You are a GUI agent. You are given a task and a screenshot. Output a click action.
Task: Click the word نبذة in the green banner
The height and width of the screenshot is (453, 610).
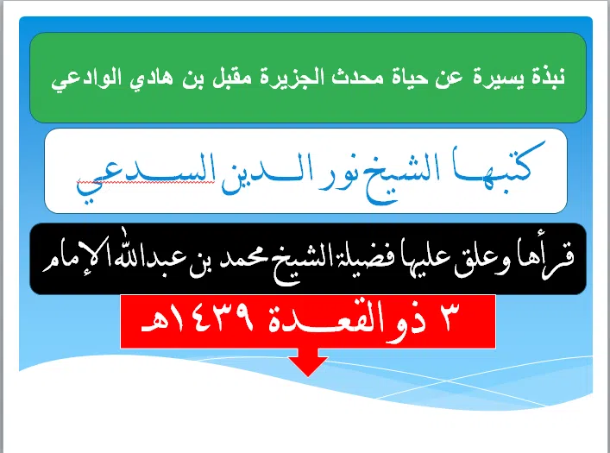(543, 76)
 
